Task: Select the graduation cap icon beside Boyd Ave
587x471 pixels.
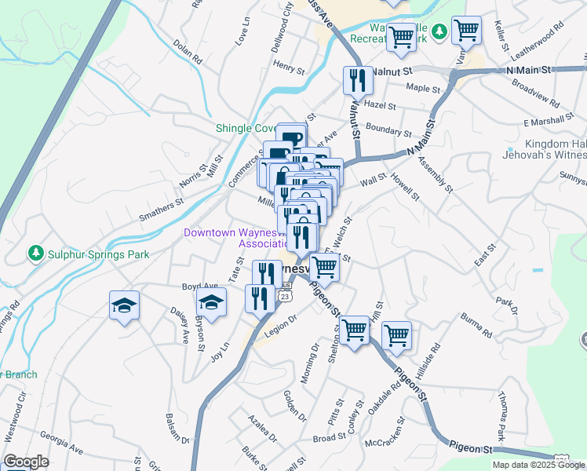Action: (x=211, y=303)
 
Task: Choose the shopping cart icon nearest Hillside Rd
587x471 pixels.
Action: (x=397, y=335)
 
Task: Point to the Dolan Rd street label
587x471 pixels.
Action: (x=188, y=53)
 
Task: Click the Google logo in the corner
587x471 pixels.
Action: (x=26, y=462)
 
